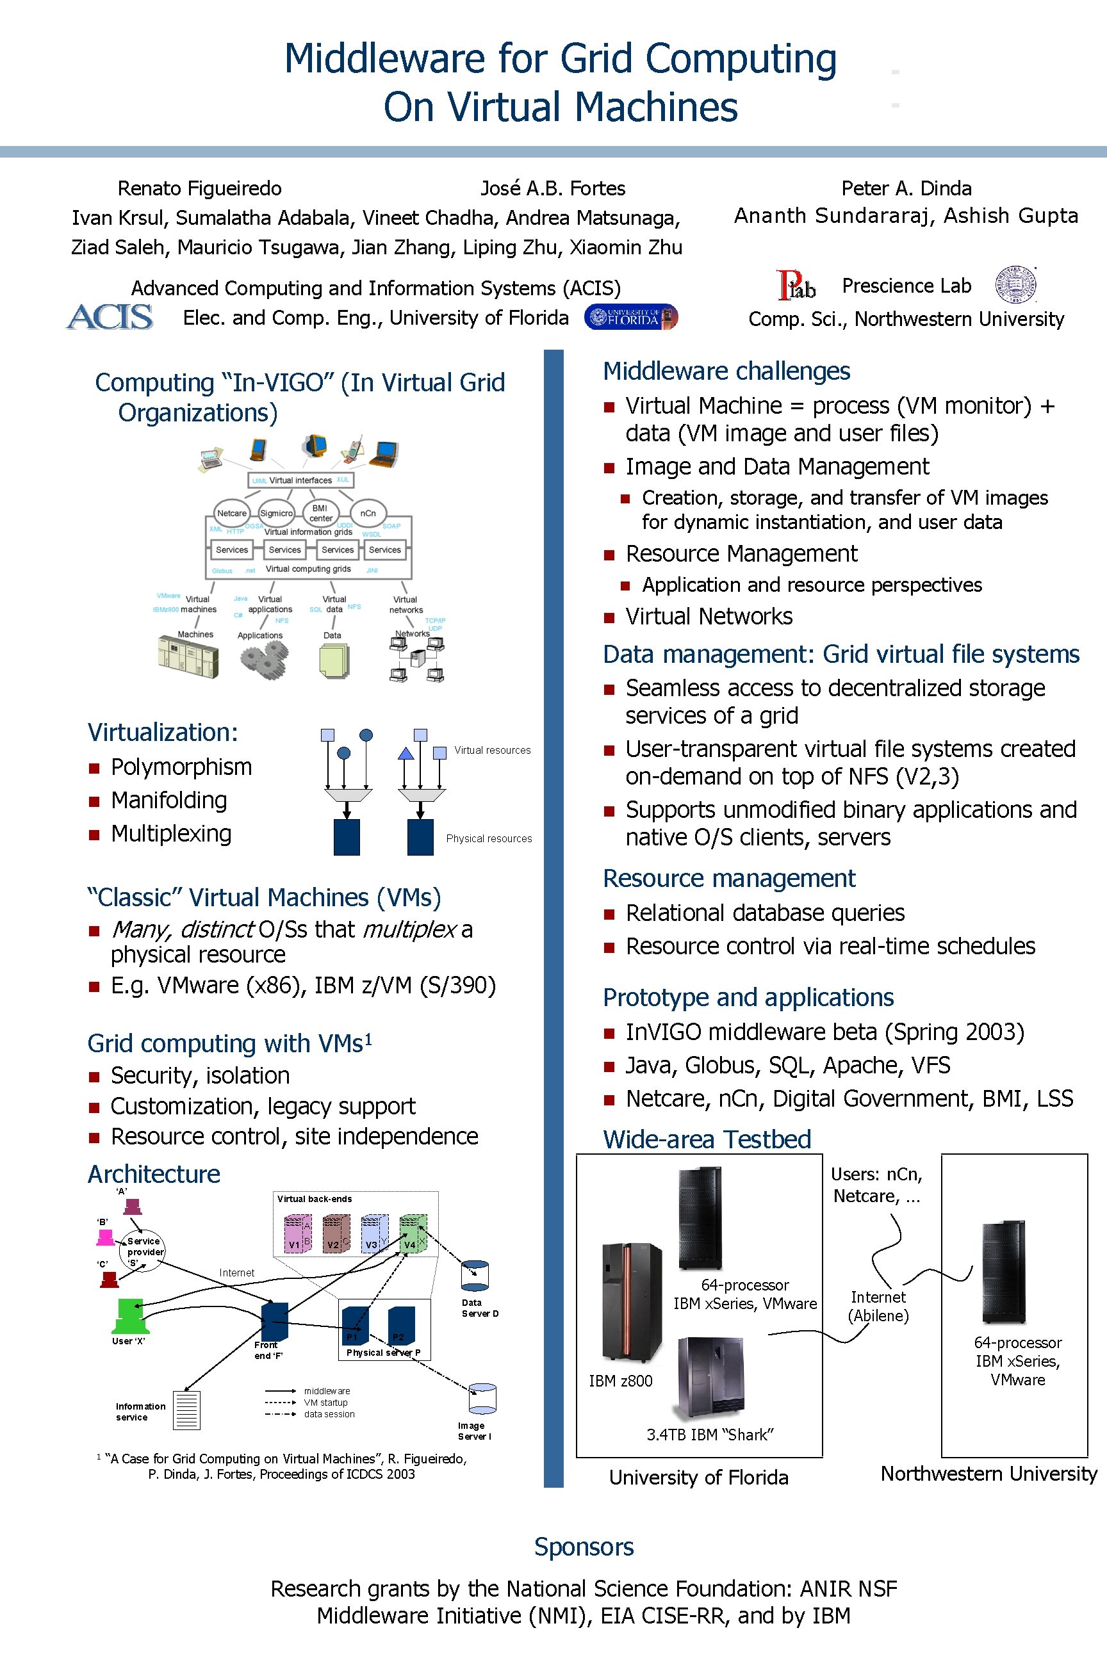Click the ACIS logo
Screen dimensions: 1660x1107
(110, 317)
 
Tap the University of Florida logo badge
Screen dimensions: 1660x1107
(631, 318)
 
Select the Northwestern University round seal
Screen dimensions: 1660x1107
(1015, 286)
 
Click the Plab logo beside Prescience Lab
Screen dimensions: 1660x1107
(796, 286)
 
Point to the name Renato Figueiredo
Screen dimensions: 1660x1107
(199, 188)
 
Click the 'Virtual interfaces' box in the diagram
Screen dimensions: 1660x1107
(300, 480)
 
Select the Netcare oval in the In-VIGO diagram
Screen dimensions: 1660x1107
(231, 513)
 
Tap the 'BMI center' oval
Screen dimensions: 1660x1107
(320, 513)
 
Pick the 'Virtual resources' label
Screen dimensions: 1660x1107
(492, 750)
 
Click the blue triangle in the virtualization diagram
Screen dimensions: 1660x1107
(406, 753)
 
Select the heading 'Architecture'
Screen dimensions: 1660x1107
(154, 1174)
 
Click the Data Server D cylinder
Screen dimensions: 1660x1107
(475, 1276)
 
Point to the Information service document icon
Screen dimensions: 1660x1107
(186, 1410)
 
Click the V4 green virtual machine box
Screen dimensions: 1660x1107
(413, 1233)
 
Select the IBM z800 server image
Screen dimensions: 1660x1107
(631, 1301)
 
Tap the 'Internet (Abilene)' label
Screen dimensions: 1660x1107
(878, 1306)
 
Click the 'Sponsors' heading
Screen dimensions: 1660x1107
(584, 1547)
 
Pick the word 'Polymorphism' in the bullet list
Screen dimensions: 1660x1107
(181, 767)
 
